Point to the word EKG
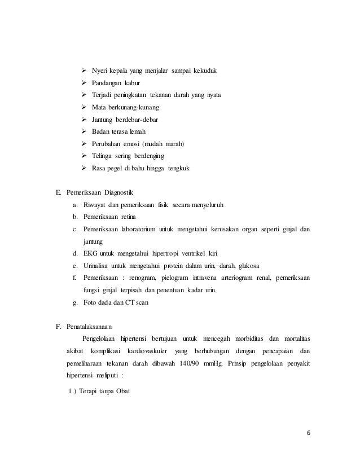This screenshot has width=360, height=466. coord(90,253)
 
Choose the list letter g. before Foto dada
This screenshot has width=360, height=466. coord(76,302)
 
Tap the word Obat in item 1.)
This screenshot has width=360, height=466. coord(122,389)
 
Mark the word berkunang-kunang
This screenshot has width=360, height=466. coord(135,107)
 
